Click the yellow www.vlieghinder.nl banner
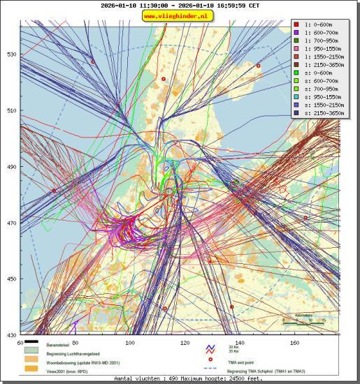[x=179, y=15]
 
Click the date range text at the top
[x=180, y=5]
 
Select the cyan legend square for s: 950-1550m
[x=296, y=97]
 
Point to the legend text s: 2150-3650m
[x=323, y=113]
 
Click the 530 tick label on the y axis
[x=11, y=54]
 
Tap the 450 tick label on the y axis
[x=11, y=279]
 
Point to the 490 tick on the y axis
[x=11, y=167]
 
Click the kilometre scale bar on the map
[x=303, y=323]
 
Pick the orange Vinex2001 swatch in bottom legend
[x=31, y=369]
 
